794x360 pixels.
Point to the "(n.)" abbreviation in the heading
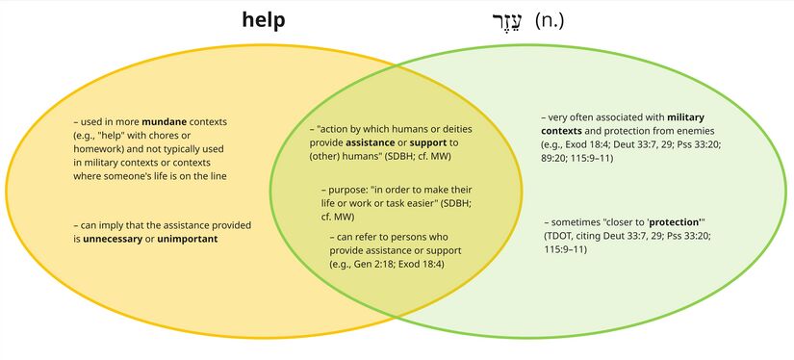(551, 20)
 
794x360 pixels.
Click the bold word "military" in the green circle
(685, 117)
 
